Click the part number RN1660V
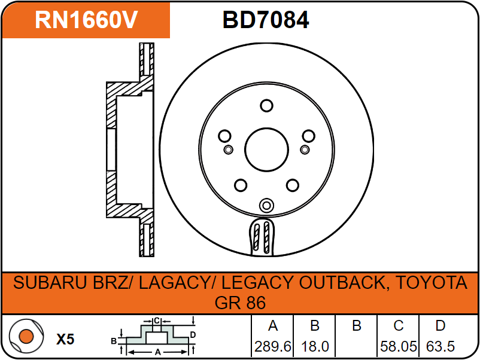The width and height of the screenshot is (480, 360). pos(86,20)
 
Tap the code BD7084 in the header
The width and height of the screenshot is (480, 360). pos(266,20)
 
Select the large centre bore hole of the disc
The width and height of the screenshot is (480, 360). pos(266,150)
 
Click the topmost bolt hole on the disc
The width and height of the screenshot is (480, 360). pos(266,105)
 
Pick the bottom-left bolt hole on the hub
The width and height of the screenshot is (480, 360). pos(241,185)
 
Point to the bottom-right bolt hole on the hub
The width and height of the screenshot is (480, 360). pos(292,185)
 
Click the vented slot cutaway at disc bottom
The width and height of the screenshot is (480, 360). pos(262,237)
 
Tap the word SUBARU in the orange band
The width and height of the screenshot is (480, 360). pos(50,283)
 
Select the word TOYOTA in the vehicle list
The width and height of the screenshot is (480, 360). pos(432,283)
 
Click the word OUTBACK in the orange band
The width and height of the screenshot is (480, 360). pos(341,283)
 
